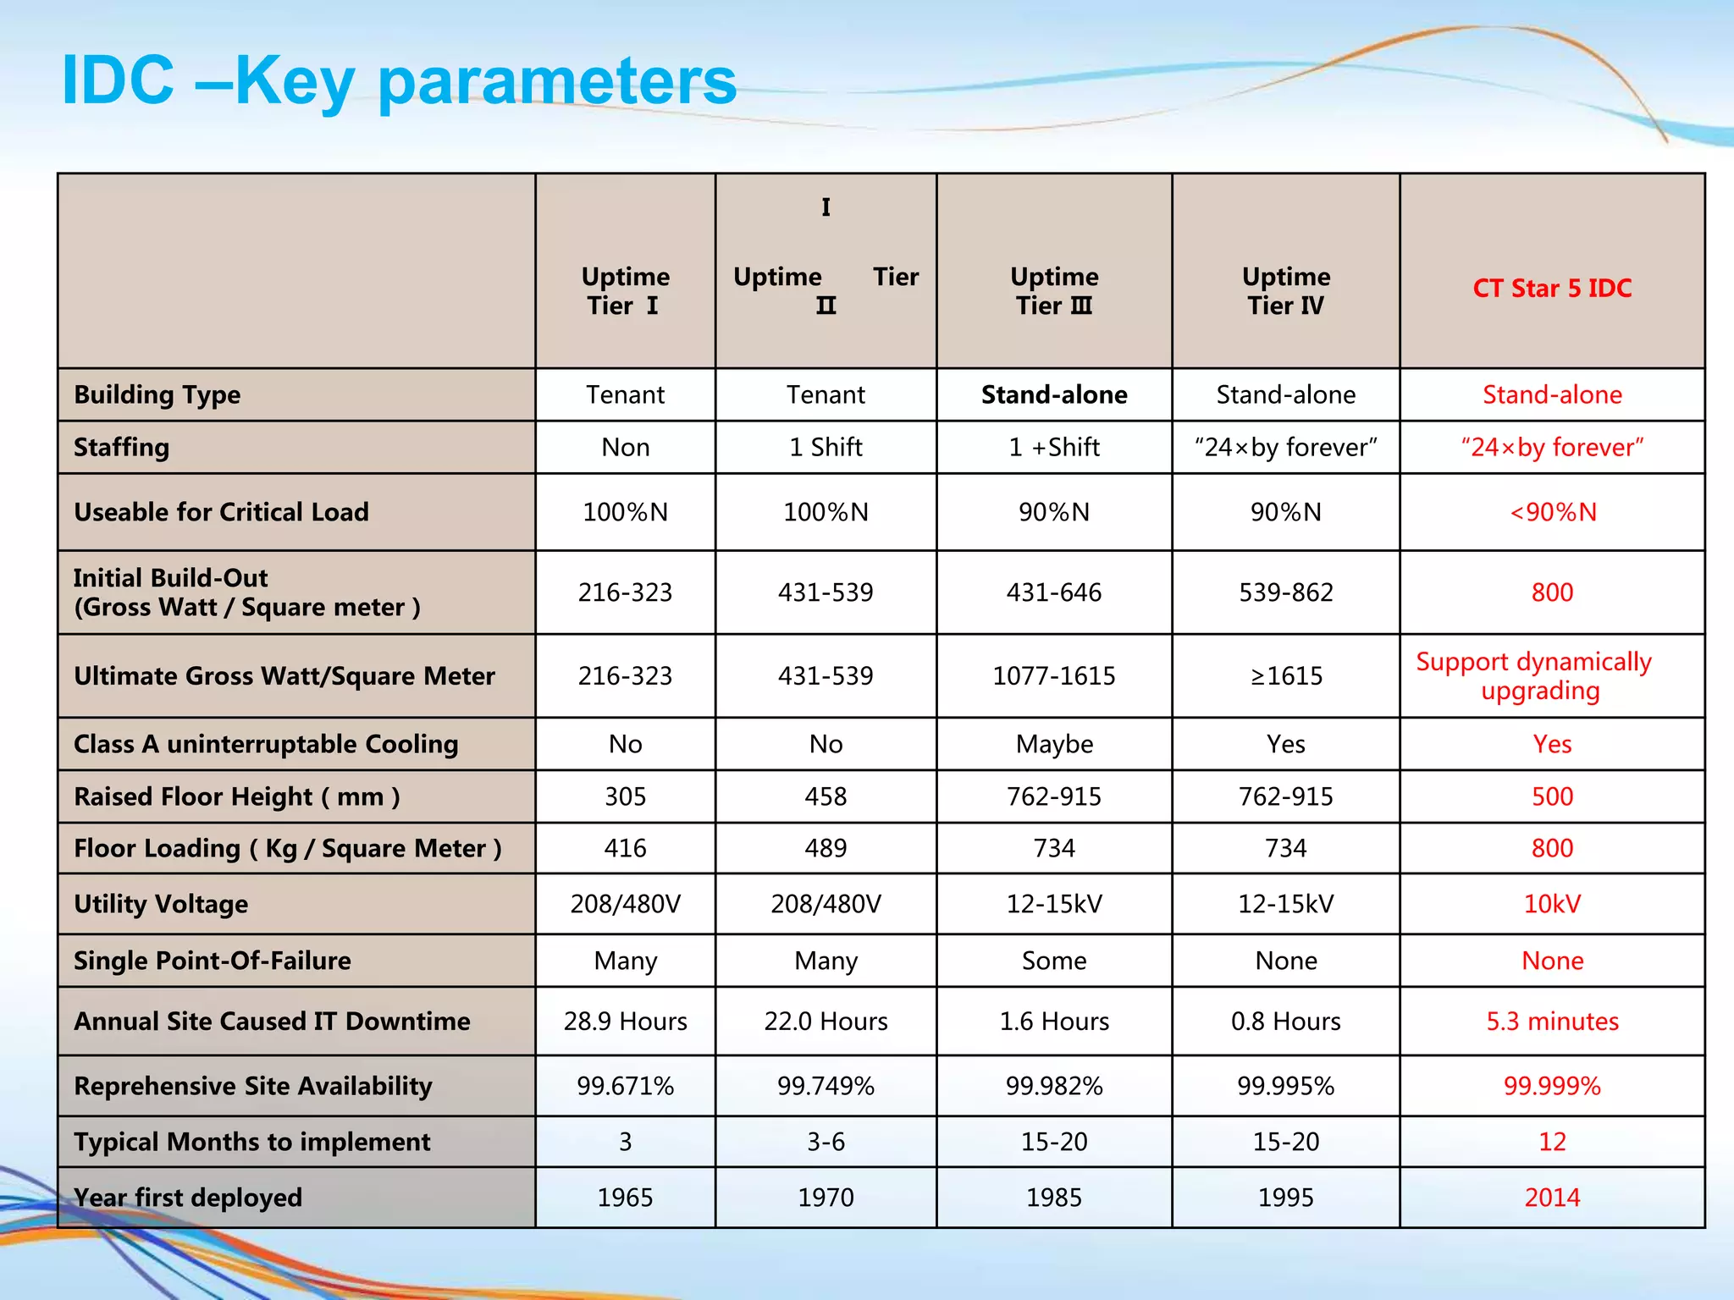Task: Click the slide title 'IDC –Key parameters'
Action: (x=400, y=80)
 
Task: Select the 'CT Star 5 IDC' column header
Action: (x=1551, y=288)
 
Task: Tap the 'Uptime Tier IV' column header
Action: (x=1285, y=290)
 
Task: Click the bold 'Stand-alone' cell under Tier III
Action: (x=1053, y=394)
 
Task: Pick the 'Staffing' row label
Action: (x=121, y=447)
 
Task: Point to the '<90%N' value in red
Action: (x=1552, y=512)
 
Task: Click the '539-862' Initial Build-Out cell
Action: (x=1285, y=592)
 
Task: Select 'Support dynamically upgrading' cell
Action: (x=1533, y=675)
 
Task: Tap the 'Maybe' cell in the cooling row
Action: (x=1053, y=744)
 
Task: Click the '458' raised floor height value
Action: (x=826, y=796)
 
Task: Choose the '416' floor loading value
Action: (x=625, y=848)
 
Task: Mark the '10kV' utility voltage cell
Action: (x=1551, y=904)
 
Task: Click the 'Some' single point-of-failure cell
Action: (x=1053, y=961)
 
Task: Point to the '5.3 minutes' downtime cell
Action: (x=1551, y=1021)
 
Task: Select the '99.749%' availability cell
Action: (x=826, y=1086)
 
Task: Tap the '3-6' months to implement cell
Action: (x=826, y=1142)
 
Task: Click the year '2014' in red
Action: (x=1551, y=1198)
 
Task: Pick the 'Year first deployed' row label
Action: (x=188, y=1198)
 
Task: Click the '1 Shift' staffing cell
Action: (x=826, y=447)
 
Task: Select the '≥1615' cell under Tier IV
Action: (x=1285, y=676)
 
